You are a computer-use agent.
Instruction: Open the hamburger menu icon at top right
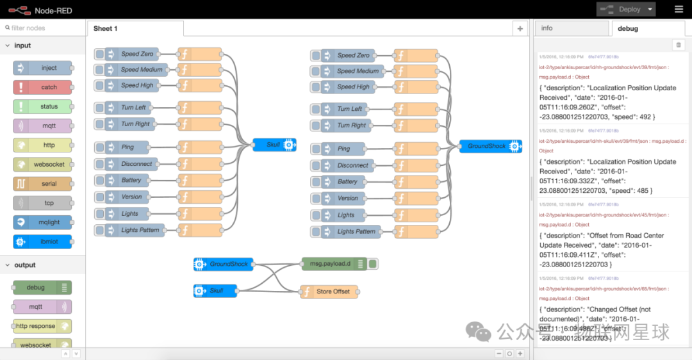(x=679, y=9)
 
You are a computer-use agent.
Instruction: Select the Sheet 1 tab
(x=106, y=28)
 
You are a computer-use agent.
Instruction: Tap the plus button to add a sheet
(x=520, y=28)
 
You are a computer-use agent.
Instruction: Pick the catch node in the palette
(x=42, y=87)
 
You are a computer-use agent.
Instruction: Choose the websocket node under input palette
(x=42, y=165)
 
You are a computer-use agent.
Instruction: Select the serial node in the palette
(x=42, y=184)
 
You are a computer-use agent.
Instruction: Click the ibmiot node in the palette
(x=42, y=242)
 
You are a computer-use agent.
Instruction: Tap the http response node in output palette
(x=42, y=326)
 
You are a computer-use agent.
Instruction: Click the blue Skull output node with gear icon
(x=274, y=145)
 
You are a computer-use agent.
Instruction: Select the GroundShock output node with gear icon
(x=490, y=147)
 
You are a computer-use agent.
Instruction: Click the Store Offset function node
(x=329, y=291)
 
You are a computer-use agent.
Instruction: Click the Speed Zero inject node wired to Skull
(x=133, y=54)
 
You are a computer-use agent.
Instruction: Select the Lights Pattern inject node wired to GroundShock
(x=350, y=231)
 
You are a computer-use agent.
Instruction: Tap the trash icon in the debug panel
(x=679, y=45)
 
